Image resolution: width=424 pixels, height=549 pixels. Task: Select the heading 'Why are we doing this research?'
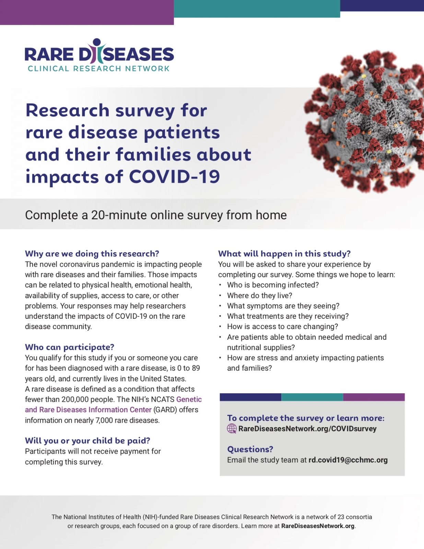(92, 254)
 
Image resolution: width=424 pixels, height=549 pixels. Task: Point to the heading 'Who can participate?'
(69, 347)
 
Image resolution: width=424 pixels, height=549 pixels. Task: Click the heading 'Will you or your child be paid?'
(87, 441)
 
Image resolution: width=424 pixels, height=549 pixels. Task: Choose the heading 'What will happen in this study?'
(284, 254)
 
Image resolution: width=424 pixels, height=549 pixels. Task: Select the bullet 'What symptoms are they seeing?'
(283, 306)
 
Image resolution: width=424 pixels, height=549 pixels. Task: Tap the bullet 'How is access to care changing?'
(282, 326)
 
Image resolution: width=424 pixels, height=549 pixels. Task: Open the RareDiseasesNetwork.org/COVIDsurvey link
(307, 429)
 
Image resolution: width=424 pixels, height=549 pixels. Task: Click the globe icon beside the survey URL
(232, 429)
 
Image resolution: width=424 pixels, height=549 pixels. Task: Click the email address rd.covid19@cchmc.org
(348, 460)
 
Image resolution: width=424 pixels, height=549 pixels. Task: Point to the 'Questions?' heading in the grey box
(250, 449)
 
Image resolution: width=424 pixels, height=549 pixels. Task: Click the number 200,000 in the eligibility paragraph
(75, 399)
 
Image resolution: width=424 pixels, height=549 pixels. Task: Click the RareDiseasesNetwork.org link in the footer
(318, 526)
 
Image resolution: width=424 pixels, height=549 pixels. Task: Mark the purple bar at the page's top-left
(87, 12)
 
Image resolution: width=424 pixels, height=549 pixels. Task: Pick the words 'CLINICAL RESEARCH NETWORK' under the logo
(98, 69)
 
